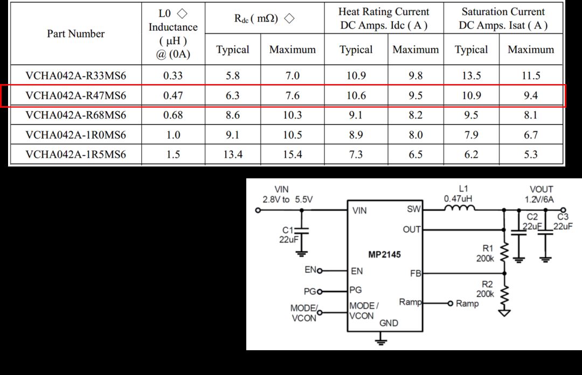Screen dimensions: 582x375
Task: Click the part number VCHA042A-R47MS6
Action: (x=76, y=96)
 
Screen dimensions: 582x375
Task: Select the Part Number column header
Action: (x=76, y=34)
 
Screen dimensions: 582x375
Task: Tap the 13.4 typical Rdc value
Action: (x=233, y=155)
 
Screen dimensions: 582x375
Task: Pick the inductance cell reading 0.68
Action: (x=173, y=115)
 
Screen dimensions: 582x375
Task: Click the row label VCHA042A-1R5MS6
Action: (x=76, y=155)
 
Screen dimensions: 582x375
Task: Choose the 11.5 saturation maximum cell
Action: (x=531, y=76)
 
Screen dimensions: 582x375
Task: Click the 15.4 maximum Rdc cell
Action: (x=293, y=155)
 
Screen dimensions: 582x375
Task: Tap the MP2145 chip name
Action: (x=385, y=255)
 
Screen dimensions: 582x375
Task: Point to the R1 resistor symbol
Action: (x=504, y=253)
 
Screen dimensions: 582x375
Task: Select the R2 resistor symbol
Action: (x=504, y=296)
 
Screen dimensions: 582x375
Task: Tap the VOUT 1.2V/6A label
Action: (x=539, y=195)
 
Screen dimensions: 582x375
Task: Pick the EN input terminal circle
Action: (x=320, y=270)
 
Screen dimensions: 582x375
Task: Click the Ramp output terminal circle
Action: (x=450, y=303)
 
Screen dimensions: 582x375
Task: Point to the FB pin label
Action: (x=415, y=274)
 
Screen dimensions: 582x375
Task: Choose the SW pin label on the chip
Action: (x=414, y=209)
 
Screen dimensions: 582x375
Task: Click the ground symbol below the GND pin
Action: (x=381, y=341)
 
